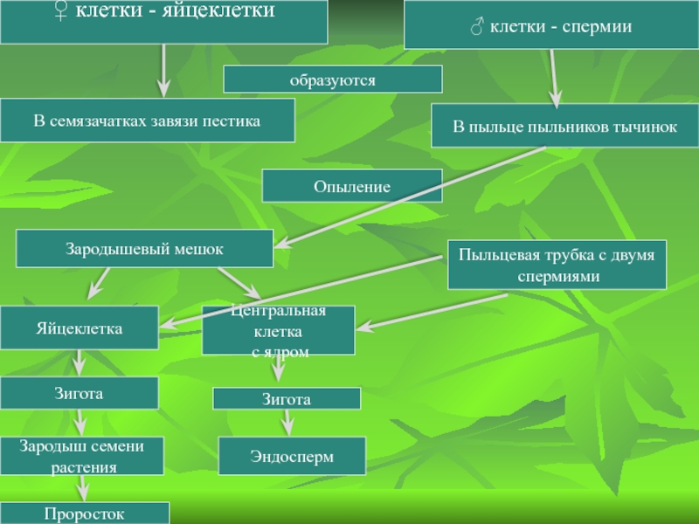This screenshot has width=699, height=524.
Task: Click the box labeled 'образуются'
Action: tap(333, 79)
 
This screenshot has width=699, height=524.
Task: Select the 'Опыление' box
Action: tap(352, 187)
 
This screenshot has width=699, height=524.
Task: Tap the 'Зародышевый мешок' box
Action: tap(145, 249)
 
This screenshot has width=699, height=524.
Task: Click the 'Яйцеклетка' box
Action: tap(79, 328)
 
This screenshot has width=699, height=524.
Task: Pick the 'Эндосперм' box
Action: tap(292, 457)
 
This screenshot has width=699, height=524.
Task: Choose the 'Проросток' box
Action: tap(85, 514)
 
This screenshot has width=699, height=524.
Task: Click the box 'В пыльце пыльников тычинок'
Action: tap(564, 128)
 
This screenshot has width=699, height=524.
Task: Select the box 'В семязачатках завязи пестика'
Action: tap(147, 121)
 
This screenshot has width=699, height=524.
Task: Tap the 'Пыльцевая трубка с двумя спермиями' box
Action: tap(557, 264)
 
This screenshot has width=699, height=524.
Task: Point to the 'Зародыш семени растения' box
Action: tap(83, 456)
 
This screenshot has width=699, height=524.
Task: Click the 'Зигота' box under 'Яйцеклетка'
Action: tap(79, 394)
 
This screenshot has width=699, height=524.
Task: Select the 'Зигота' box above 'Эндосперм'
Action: tap(287, 399)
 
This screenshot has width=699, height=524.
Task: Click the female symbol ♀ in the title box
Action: tap(59, 12)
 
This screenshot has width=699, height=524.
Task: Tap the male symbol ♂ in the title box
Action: tap(476, 27)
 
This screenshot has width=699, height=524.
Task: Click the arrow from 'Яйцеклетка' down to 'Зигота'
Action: tap(79, 360)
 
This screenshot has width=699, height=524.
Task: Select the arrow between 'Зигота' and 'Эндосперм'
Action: tap(287, 424)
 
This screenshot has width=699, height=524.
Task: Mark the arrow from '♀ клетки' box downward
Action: tap(163, 72)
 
